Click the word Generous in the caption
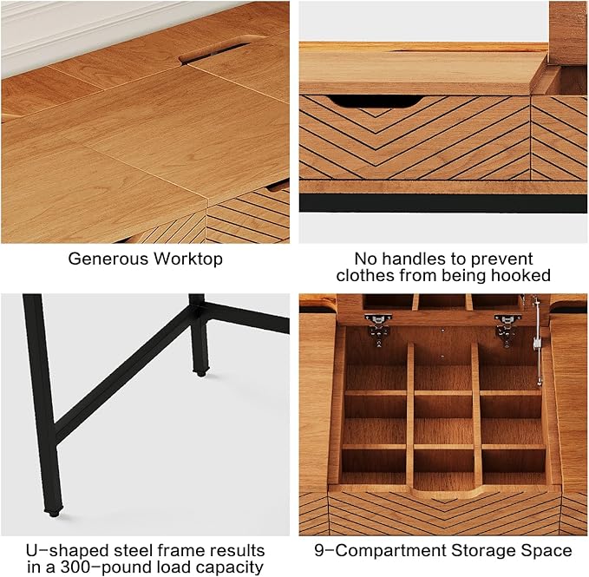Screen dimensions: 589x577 108,259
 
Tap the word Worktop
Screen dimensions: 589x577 188,259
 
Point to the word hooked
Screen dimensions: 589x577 521,275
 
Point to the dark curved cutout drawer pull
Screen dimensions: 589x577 376,101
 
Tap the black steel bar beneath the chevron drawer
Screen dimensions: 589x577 443,203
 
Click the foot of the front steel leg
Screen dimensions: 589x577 53,512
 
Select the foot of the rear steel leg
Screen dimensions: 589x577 201,373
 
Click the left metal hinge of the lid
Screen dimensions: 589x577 378,328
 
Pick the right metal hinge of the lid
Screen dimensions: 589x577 507,328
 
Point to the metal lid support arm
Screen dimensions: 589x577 538,340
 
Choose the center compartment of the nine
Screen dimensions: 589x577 443,406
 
